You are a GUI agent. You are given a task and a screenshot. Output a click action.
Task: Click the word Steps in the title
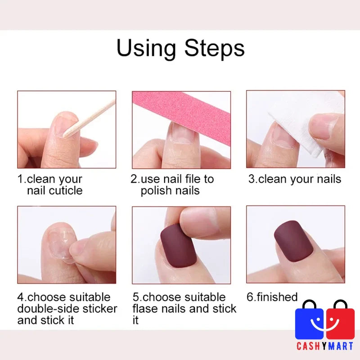215,48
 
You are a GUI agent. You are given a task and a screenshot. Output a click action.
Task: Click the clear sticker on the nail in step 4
60,244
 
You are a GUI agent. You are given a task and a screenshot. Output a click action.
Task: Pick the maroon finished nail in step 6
294,241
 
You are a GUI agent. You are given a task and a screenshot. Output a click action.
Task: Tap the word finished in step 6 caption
277,297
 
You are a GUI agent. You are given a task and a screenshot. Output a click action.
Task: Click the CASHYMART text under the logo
325,346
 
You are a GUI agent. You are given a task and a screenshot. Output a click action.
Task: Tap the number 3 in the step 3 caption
252,179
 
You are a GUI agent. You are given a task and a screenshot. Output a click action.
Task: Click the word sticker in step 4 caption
100,309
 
